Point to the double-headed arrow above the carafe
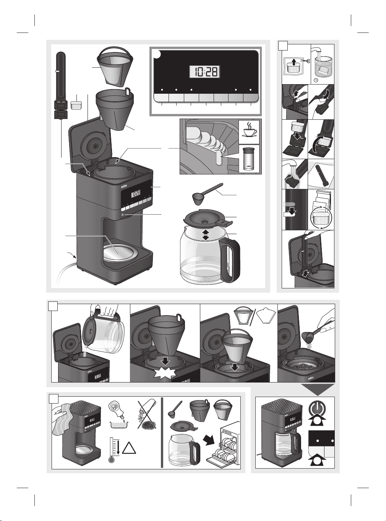206,234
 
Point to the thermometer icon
112,451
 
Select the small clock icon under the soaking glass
316,80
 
